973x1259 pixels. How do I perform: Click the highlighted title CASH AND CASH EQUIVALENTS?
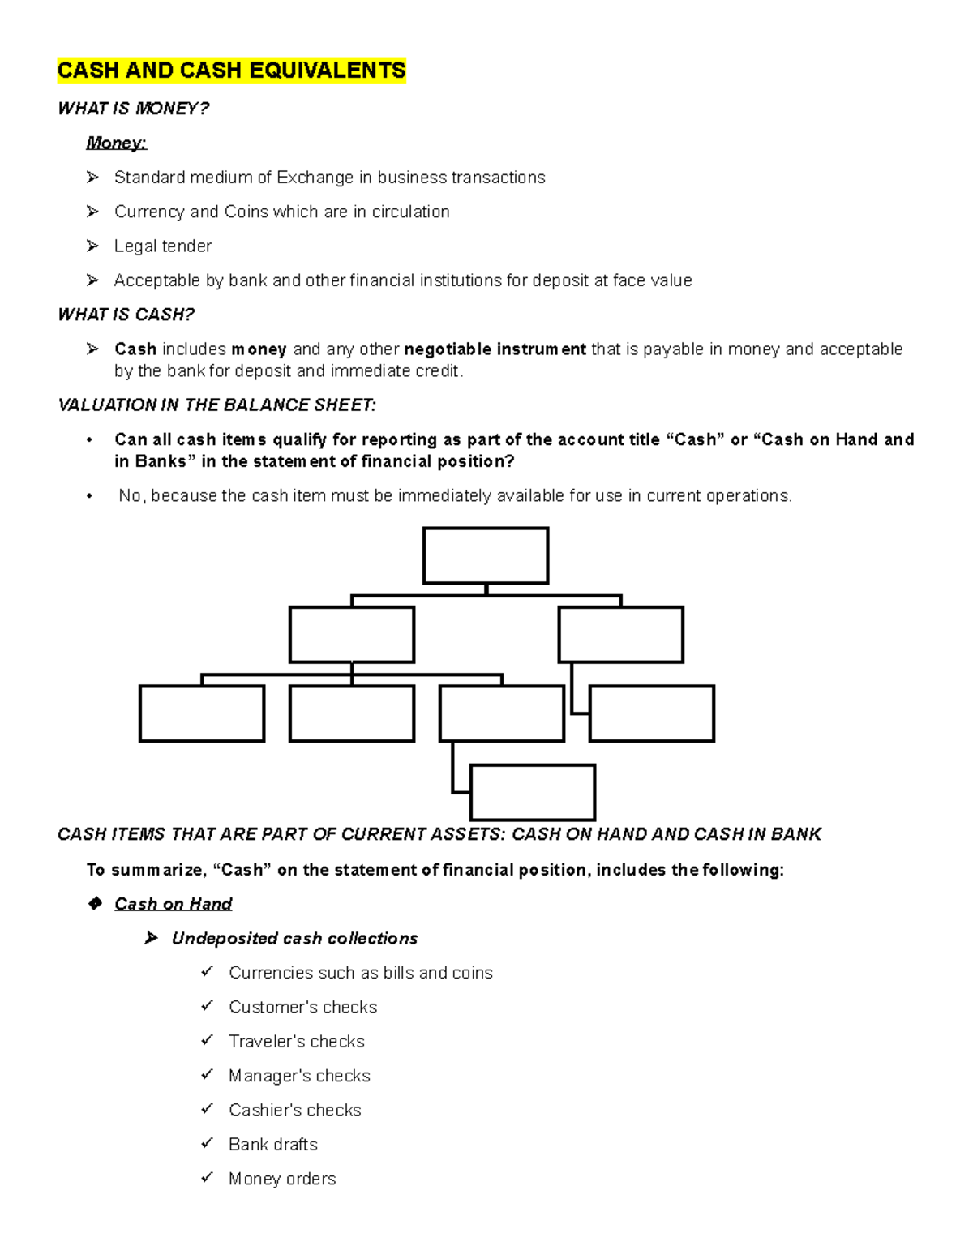tap(231, 71)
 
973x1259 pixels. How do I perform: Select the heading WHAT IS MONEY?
tap(133, 109)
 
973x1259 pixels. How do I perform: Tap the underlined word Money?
tap(116, 143)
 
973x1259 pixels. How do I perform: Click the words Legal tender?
tap(162, 246)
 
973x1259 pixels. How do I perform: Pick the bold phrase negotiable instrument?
tap(495, 349)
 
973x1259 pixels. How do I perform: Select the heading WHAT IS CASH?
tap(126, 315)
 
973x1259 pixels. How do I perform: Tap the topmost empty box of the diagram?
tap(486, 556)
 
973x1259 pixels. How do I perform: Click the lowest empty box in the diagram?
tap(533, 792)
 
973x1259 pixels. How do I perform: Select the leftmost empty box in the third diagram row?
tap(202, 713)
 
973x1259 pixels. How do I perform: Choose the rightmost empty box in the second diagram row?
tap(620, 634)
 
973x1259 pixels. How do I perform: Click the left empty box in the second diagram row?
tap(351, 634)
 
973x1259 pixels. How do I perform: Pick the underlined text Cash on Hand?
tap(173, 904)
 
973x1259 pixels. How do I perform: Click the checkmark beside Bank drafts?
tap(208, 1143)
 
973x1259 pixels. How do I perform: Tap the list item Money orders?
tap(281, 1179)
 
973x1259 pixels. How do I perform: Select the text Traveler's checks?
tap(296, 1041)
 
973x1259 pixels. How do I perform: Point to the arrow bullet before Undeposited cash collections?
tap(151, 938)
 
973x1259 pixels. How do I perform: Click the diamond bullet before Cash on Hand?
tap(95, 903)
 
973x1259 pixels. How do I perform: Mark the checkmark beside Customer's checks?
tap(208, 1006)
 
